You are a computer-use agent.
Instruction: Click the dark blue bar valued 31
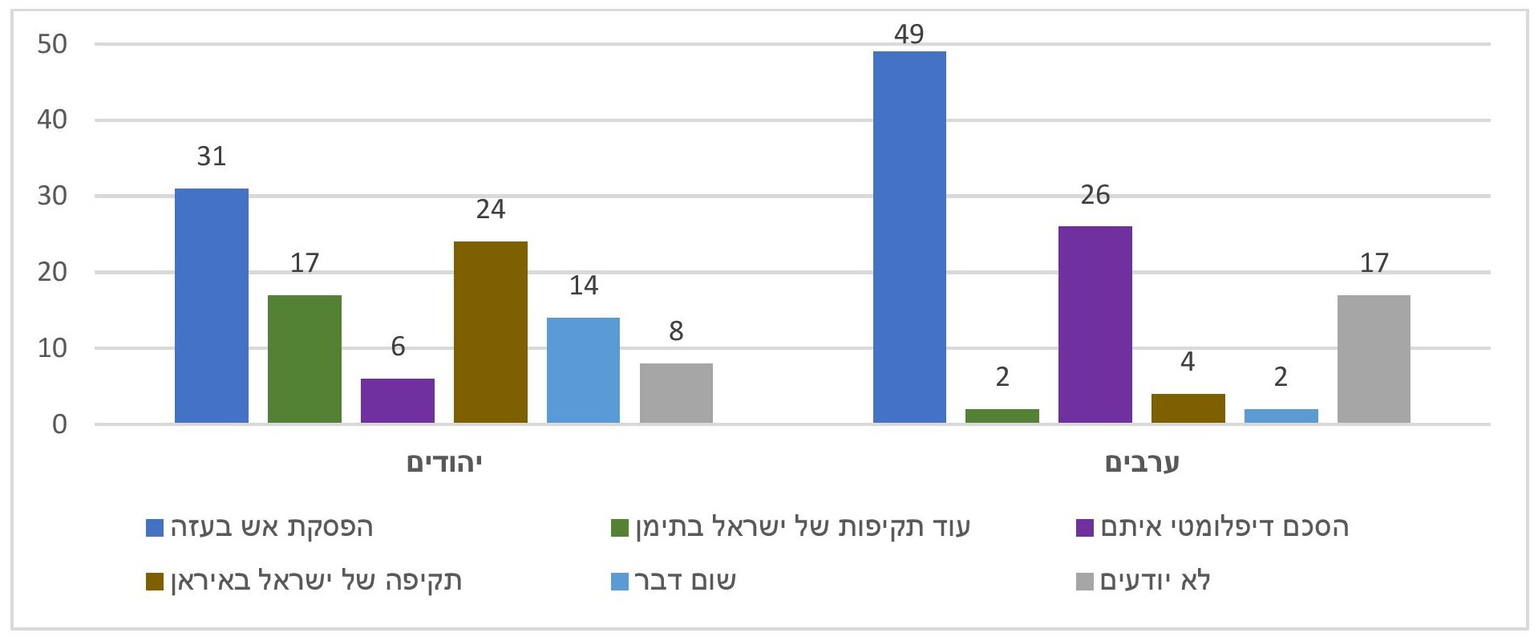pos(212,306)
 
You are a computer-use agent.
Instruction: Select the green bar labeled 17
pos(305,359)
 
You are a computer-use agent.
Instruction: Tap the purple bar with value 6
pos(398,401)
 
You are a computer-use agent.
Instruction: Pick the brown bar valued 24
pos(491,332)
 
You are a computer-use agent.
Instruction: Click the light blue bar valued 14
pos(583,371)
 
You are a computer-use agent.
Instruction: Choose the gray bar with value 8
pos(676,393)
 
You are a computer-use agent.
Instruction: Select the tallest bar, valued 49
pos(909,237)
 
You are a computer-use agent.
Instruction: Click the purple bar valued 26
pos(1095,325)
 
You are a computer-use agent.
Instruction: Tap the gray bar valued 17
pos(1374,359)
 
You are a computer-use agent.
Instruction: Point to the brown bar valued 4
pos(1188,408)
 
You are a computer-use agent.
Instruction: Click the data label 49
pos(909,34)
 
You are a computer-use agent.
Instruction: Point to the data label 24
pos(491,209)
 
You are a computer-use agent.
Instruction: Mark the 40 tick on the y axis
pos(52,120)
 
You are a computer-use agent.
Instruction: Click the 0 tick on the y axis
pos(60,424)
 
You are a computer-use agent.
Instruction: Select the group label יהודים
pos(444,463)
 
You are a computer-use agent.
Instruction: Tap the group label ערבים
pos(1142,463)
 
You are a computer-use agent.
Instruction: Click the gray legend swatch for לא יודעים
pos(1084,582)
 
